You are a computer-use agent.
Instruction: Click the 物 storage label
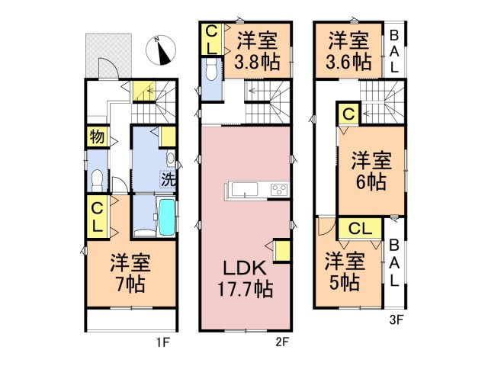pos(95,138)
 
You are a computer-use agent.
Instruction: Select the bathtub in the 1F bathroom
pos(166,218)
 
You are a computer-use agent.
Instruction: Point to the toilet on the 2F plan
pos(211,73)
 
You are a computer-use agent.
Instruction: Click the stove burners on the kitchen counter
pos(278,190)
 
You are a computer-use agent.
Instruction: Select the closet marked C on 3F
pos(348,114)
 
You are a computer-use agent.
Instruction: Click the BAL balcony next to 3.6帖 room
pos(393,50)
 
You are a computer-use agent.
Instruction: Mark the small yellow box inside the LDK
pos(281,251)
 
